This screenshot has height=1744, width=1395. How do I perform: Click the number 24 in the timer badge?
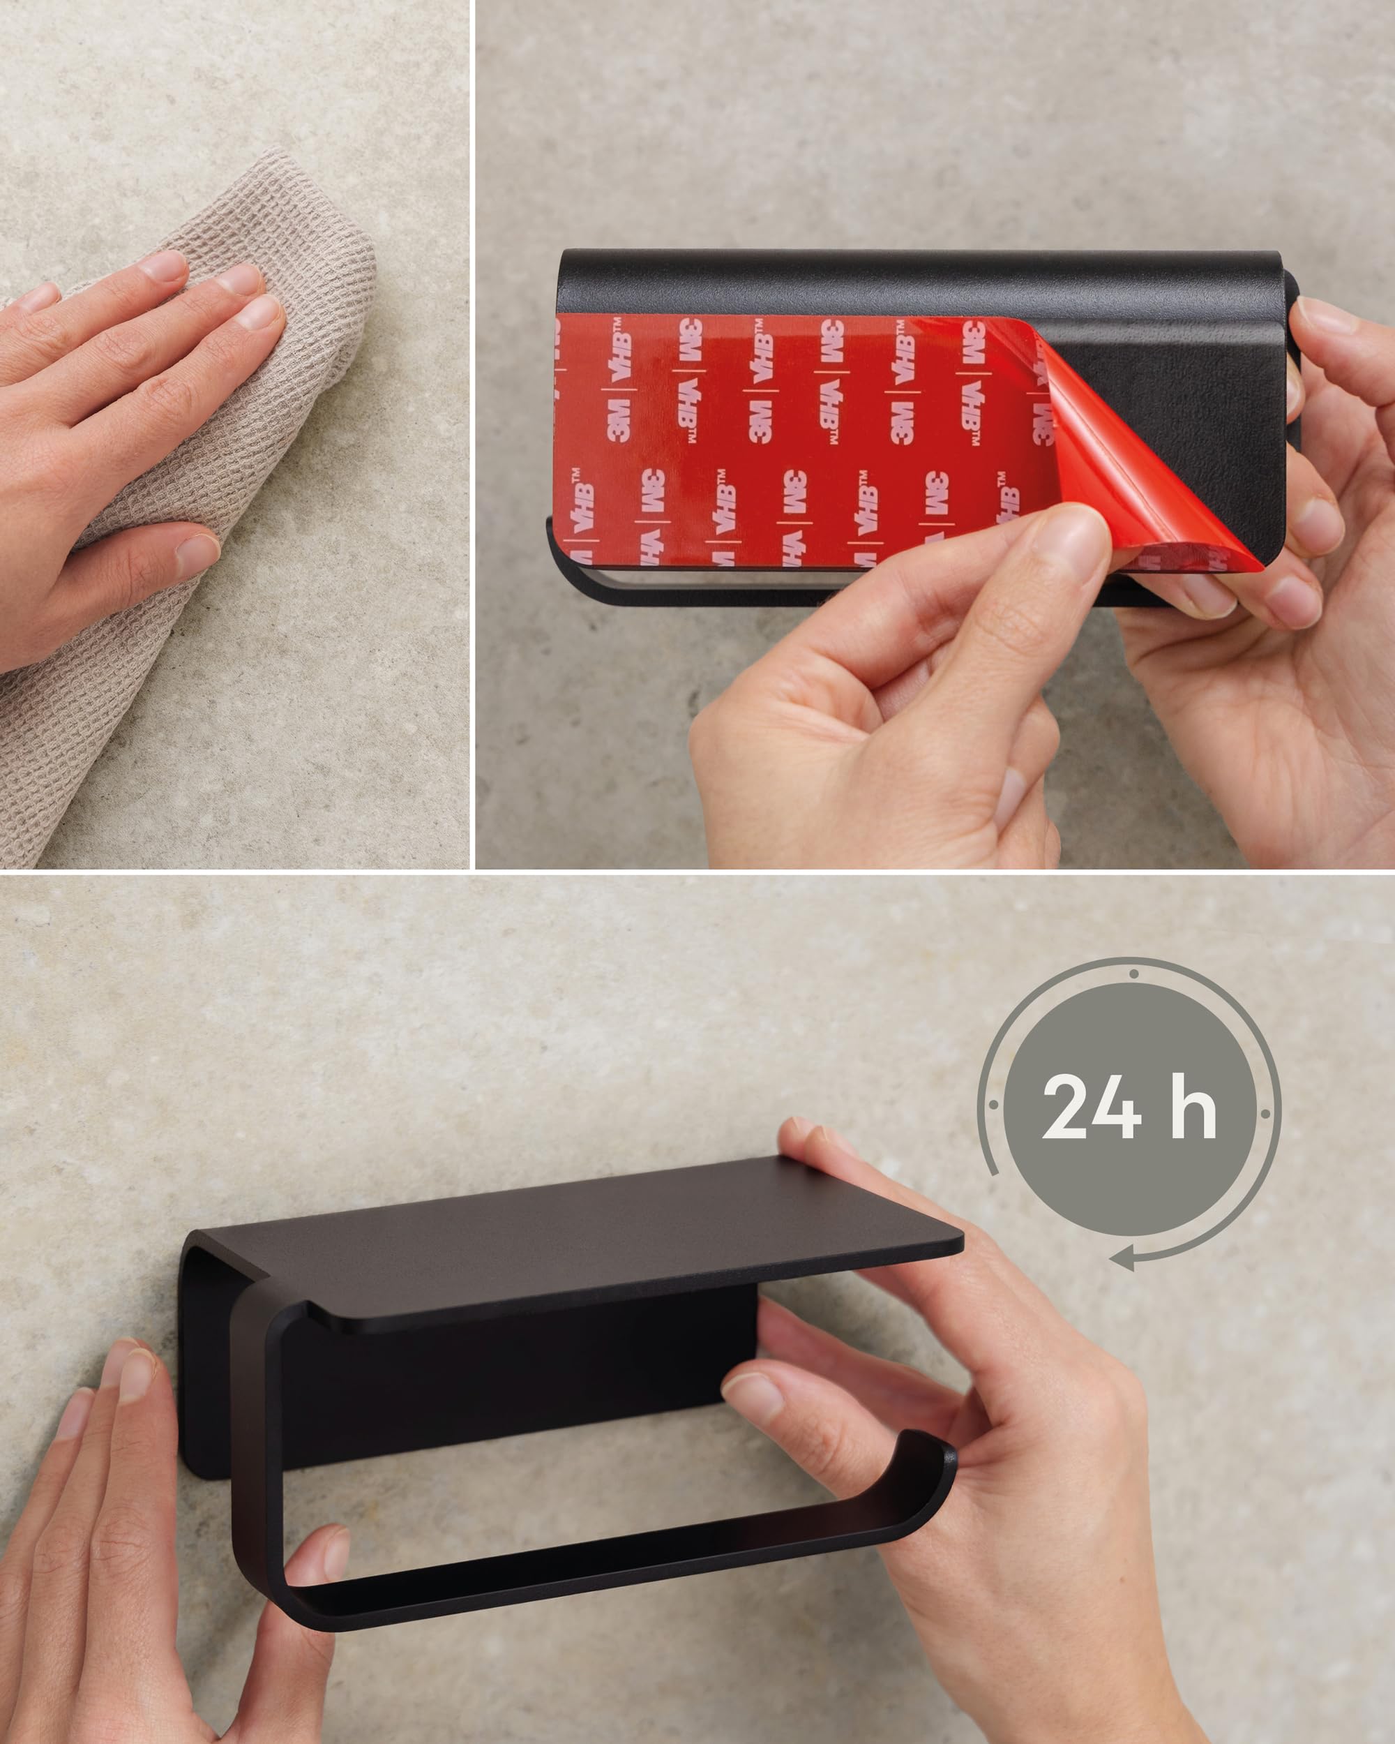1092,1105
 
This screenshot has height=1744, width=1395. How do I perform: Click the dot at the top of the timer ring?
1135,974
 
